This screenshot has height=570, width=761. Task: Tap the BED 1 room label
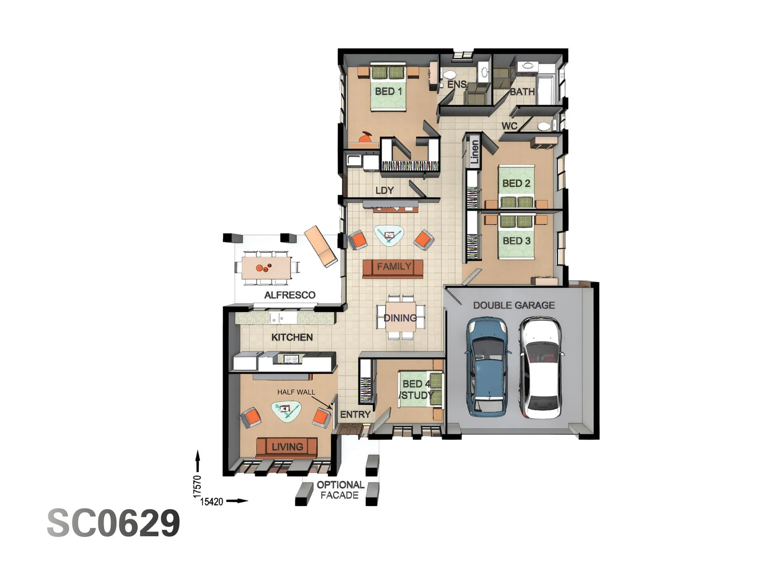[x=388, y=91]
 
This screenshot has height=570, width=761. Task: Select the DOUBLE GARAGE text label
[x=514, y=305]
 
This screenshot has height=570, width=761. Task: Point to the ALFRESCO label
[x=290, y=295]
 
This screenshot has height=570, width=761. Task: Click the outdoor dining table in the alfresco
[x=266, y=268]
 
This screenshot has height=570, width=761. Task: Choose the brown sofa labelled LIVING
[x=286, y=447]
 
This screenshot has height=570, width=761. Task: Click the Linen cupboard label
[x=475, y=152]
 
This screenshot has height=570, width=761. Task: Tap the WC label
[x=509, y=126]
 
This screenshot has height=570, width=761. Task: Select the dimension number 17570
[x=197, y=486]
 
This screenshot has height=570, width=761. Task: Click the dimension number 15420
[x=211, y=501]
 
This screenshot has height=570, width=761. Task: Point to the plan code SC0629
[x=114, y=523]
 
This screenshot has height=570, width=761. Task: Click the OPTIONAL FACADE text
[x=340, y=490]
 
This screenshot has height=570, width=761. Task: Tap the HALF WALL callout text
[x=296, y=392]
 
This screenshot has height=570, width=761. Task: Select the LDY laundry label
[x=384, y=191]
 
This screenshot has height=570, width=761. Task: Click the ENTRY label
[x=355, y=414]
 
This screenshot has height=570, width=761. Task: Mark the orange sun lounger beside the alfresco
[x=321, y=246]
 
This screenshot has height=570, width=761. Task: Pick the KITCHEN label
[x=292, y=337]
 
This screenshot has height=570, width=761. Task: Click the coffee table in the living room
[x=286, y=411]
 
